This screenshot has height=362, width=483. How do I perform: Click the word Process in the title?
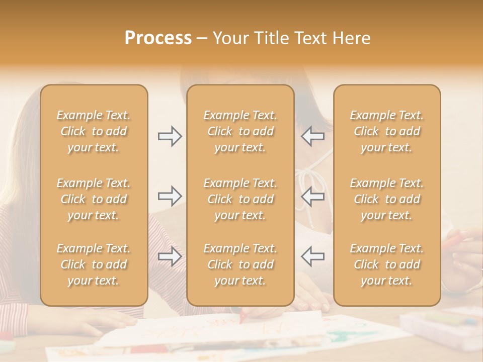[158, 38]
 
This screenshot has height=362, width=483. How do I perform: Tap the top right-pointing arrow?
[170, 136]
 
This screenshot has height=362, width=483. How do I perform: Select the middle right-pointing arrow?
[170, 196]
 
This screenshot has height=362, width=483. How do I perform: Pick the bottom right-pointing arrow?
[170, 256]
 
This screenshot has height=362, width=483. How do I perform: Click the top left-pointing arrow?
[313, 136]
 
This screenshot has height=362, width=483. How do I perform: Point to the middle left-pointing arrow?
[313, 196]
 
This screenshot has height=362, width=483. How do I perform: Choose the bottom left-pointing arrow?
[313, 256]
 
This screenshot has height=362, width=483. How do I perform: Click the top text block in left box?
[94, 131]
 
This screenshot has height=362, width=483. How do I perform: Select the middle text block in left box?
[94, 199]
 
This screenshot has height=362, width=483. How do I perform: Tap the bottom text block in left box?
[94, 264]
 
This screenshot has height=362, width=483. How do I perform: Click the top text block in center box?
[240, 131]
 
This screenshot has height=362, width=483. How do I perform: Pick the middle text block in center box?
[240, 199]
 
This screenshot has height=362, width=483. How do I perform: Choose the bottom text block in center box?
[240, 264]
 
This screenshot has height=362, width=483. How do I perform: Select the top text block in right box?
[387, 131]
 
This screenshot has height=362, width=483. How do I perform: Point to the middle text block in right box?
[387, 199]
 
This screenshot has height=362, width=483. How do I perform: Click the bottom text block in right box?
[387, 264]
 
